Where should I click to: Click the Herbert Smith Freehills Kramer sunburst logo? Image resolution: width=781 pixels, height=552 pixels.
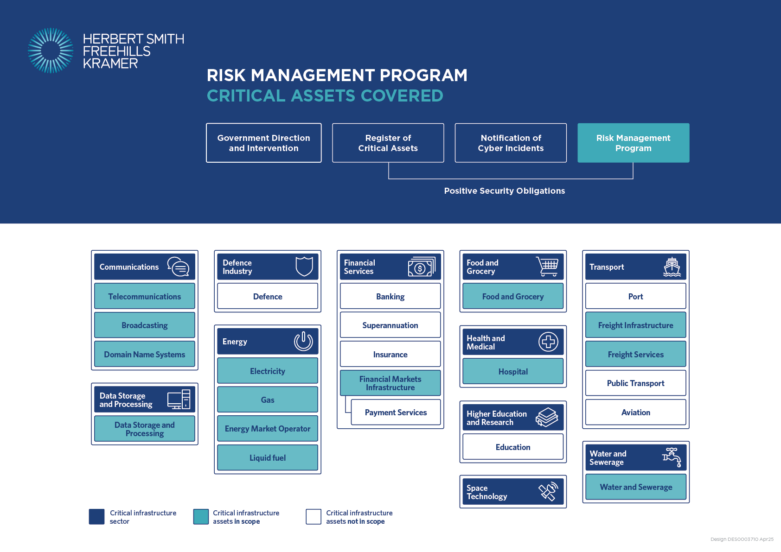tap(51, 51)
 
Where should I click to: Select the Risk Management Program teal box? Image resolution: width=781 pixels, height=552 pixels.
tap(633, 143)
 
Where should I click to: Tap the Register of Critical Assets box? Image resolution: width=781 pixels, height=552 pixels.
tap(388, 143)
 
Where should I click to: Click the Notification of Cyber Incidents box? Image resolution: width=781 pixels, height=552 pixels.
tap(511, 143)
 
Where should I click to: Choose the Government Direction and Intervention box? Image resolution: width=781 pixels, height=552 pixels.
tap(263, 143)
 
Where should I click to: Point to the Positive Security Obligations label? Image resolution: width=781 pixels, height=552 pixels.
tap(505, 190)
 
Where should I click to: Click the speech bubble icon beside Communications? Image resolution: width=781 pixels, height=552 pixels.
tap(178, 266)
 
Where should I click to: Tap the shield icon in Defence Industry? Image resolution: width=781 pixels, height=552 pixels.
tap(304, 266)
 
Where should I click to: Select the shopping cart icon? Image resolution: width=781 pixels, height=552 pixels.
tap(547, 266)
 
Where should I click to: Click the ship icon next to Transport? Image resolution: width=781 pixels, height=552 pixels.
tap(672, 267)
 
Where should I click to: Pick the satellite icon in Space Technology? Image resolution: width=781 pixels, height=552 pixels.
tap(548, 491)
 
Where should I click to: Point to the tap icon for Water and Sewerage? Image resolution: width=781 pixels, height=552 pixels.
tap(672, 457)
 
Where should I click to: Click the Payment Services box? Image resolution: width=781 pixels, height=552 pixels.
tap(396, 412)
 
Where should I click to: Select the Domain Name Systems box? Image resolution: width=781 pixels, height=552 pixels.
tap(145, 354)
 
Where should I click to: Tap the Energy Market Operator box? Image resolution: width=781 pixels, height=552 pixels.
tap(268, 429)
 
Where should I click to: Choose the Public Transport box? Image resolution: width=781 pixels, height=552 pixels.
tap(636, 383)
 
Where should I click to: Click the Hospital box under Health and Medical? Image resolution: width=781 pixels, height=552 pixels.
tap(513, 372)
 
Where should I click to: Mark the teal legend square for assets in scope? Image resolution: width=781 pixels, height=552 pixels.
tap(201, 516)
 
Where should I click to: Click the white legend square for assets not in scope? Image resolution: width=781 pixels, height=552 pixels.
tap(314, 516)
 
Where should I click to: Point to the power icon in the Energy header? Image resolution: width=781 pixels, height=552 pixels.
tap(303, 341)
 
